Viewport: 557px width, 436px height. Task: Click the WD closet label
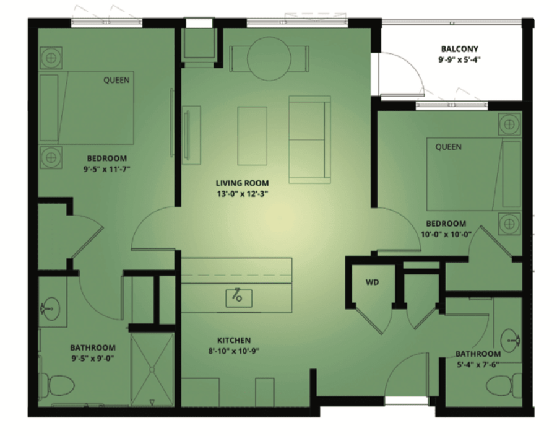[373, 282]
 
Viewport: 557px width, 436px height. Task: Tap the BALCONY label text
[459, 49]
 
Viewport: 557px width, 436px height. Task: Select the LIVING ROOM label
[242, 183]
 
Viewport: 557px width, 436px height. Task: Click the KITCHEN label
[234, 340]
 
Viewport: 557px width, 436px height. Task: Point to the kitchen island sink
[239, 298]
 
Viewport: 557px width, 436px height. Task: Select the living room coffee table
[253, 136]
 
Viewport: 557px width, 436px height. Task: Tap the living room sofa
[310, 139]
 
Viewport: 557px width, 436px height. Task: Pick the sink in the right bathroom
[510, 340]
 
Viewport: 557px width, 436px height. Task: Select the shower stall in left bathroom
[152, 370]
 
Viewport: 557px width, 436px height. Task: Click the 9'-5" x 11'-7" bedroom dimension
[107, 169]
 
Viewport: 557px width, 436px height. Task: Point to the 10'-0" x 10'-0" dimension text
[446, 235]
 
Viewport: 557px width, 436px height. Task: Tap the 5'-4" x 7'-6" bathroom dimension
[478, 365]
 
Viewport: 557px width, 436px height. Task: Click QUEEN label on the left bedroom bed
[116, 81]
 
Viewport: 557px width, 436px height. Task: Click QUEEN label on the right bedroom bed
[448, 147]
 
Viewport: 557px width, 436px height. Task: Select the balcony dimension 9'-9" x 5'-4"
[459, 59]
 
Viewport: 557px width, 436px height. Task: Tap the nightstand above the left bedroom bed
[51, 58]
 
